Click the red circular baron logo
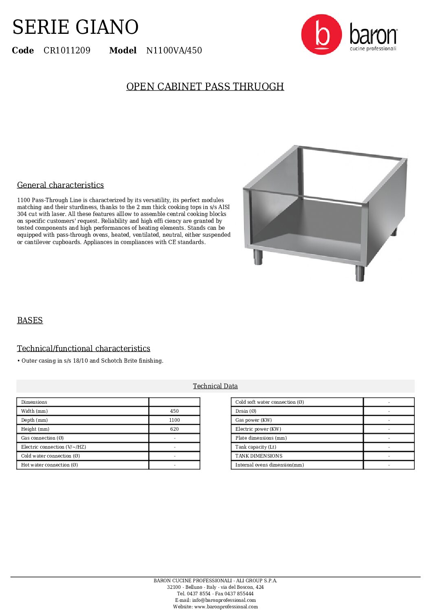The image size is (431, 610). [321, 35]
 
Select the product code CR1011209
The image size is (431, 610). [67, 51]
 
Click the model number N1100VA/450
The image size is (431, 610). [174, 51]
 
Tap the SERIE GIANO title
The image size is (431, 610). [75, 27]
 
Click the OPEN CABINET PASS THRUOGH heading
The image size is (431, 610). [205, 87]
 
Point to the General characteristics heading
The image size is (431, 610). [60, 185]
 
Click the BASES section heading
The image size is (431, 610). [30, 320]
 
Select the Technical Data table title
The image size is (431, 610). [215, 386]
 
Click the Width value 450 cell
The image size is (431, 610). [174, 411]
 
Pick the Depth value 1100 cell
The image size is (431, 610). [174, 420]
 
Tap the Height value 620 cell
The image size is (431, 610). [174, 429]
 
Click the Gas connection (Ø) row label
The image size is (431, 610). [42, 438]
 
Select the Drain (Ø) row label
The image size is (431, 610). [246, 411]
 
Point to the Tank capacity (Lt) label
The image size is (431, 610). [255, 447]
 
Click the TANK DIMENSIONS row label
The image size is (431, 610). [259, 456]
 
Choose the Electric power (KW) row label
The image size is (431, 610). [258, 429]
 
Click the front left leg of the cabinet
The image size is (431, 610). [258, 257]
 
